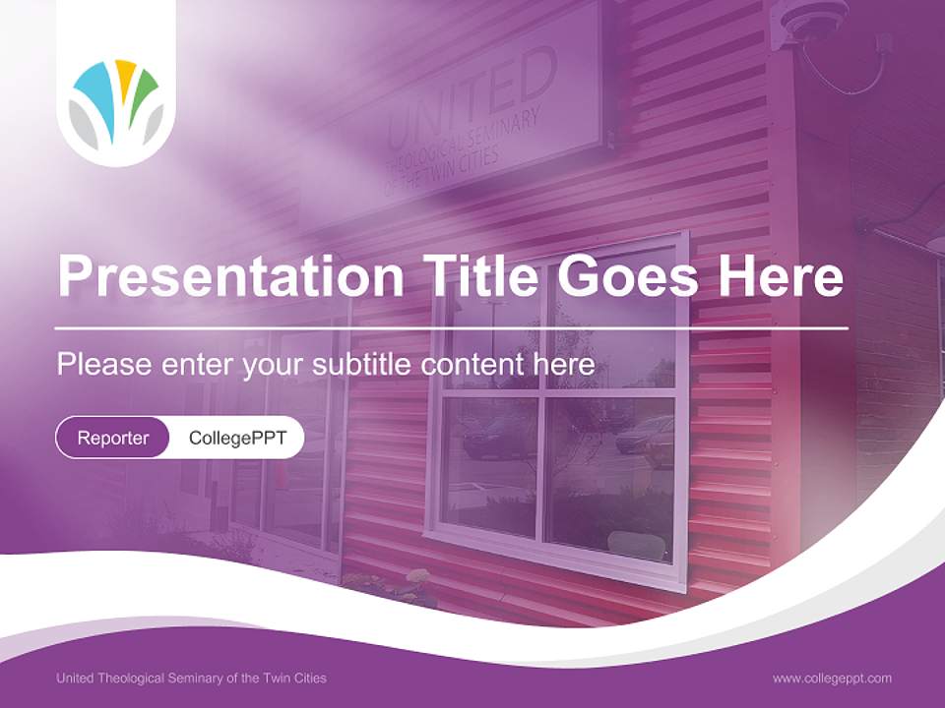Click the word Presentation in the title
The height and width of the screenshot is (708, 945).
click(230, 275)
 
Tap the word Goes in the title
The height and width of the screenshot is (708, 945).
click(627, 275)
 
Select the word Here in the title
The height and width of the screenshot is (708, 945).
click(781, 275)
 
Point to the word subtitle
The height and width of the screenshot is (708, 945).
click(362, 364)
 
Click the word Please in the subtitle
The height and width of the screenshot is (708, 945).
click(104, 365)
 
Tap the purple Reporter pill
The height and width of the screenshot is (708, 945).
click(112, 438)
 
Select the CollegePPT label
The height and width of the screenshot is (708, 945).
click(237, 438)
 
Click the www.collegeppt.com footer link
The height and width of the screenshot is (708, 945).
click(832, 678)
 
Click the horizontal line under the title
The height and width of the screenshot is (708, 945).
click(452, 328)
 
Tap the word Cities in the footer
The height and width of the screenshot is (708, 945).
click(310, 678)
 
